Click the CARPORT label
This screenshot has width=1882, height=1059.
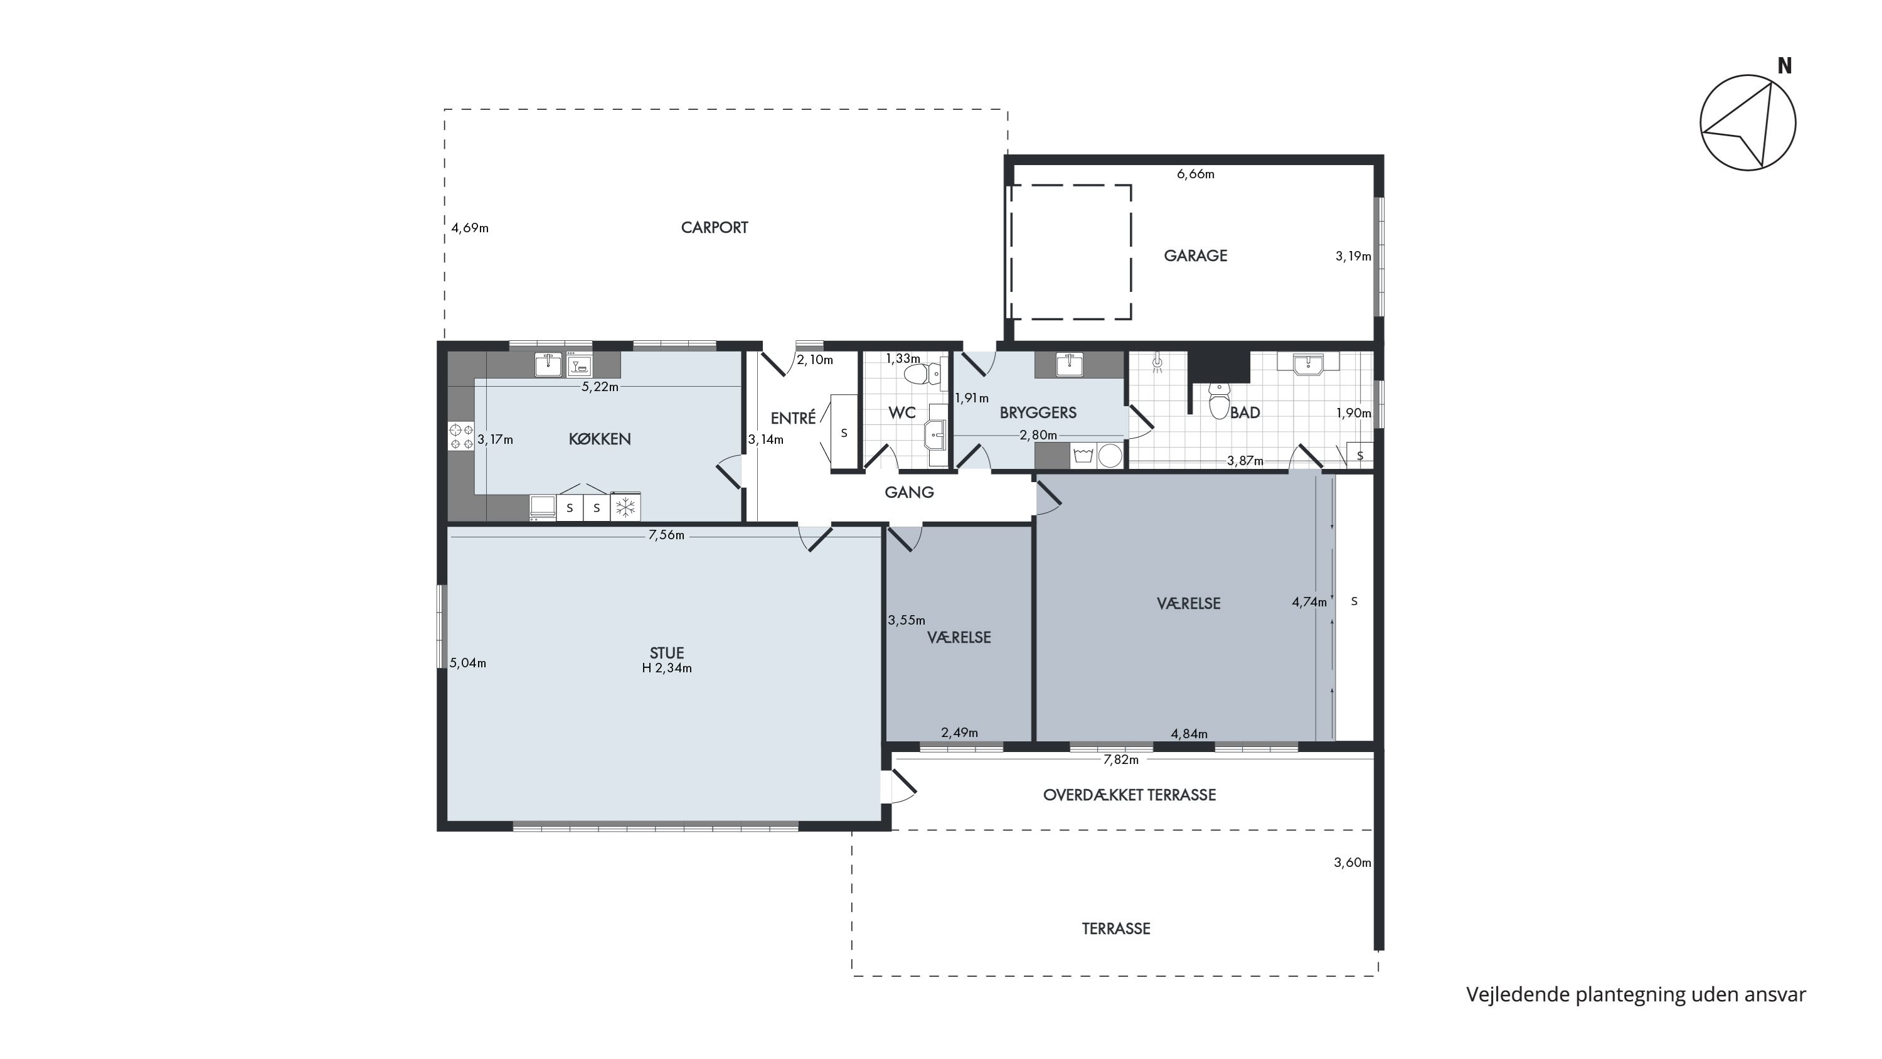[715, 227]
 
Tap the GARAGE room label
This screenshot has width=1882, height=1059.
[1195, 255]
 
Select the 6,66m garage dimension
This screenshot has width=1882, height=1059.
[1195, 174]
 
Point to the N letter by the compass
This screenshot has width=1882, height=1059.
[1784, 66]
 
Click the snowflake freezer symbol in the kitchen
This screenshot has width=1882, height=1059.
[625, 507]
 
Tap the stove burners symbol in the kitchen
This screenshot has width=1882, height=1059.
[461, 436]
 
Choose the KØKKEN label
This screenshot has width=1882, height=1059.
[600, 439]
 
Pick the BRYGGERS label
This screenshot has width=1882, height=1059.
[1038, 412]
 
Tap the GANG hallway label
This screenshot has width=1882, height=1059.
[909, 492]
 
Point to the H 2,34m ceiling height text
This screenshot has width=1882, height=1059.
[666, 668]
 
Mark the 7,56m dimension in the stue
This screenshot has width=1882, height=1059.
[666, 535]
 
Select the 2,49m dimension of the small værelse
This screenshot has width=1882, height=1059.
[959, 733]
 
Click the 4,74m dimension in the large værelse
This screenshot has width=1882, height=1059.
[1309, 602]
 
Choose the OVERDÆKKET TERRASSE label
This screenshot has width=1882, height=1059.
[1129, 795]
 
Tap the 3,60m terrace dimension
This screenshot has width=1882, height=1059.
[1353, 863]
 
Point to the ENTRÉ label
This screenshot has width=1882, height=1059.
[794, 417]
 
